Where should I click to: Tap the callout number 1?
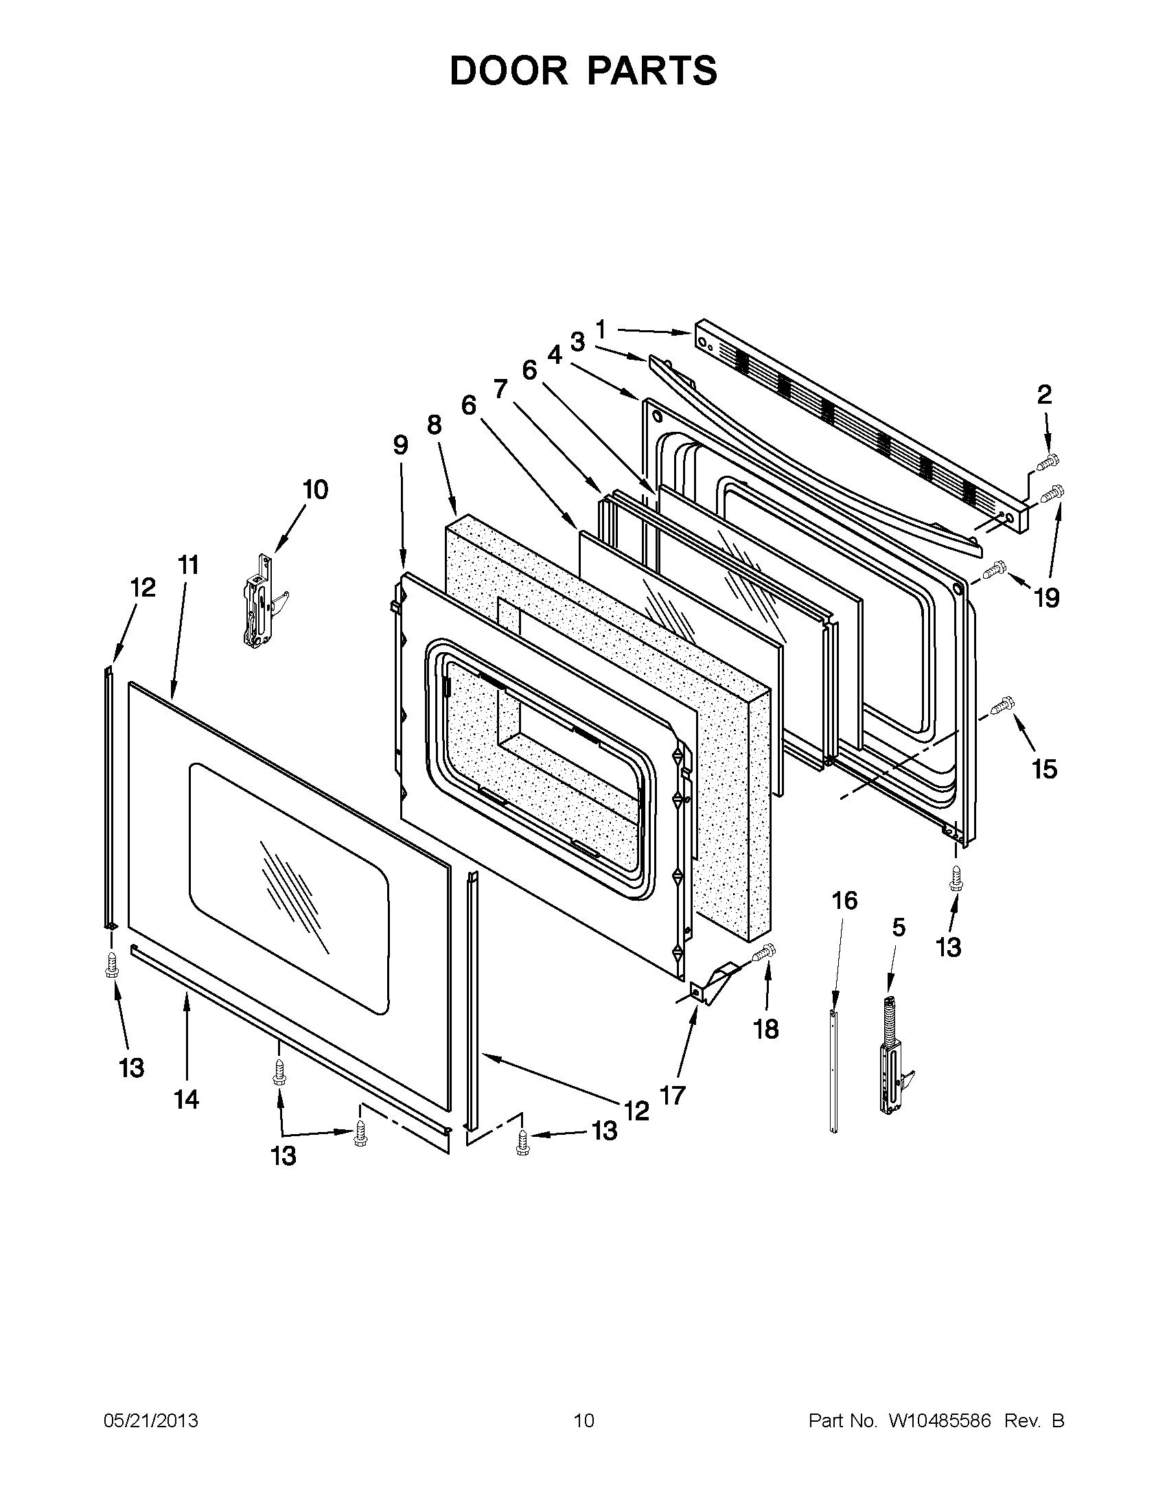click(x=600, y=330)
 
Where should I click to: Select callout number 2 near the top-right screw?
click(x=1044, y=395)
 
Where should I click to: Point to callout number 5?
click(x=898, y=927)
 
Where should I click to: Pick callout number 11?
click(x=188, y=565)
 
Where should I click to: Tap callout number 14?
click(x=187, y=1098)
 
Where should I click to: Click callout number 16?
click(x=844, y=900)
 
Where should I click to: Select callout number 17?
click(x=673, y=1095)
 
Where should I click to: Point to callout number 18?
click(x=766, y=1029)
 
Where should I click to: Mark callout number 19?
click(x=1047, y=598)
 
